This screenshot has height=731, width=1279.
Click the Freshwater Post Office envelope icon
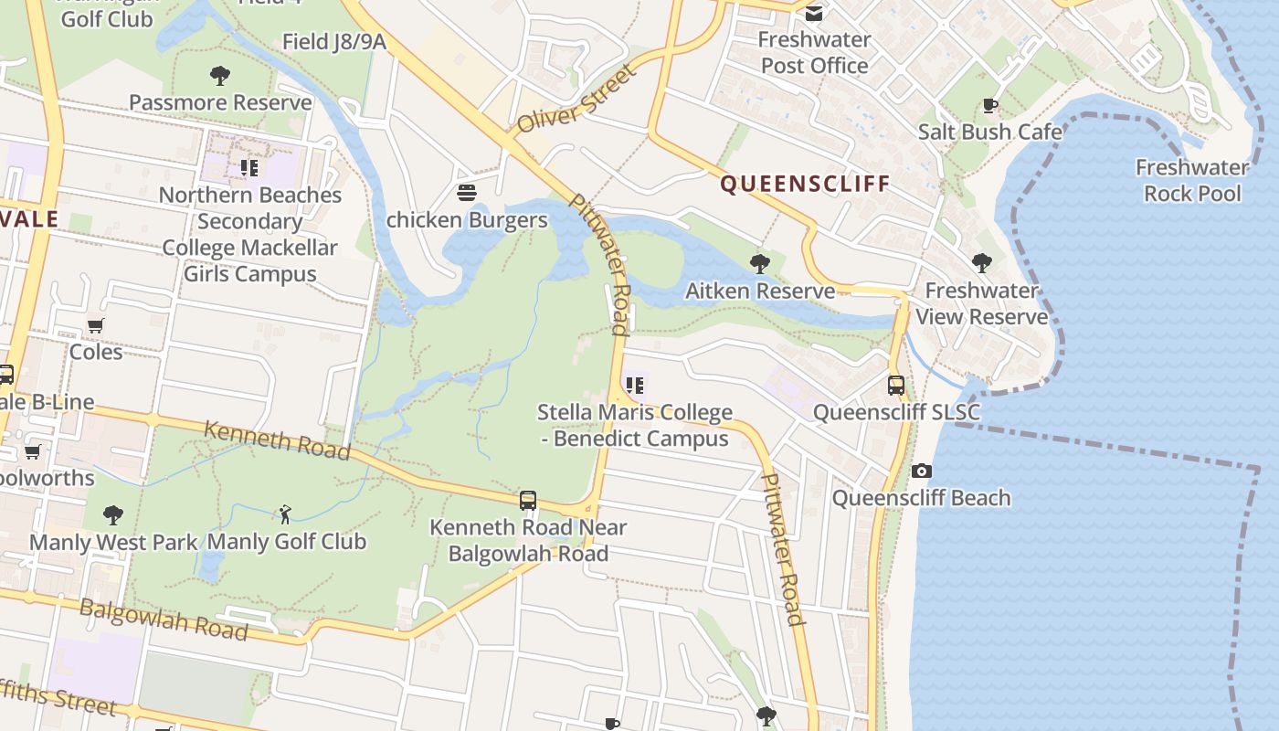click(x=814, y=14)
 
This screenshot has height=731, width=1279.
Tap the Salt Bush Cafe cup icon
click(x=989, y=106)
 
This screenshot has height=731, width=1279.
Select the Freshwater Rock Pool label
click(x=1192, y=180)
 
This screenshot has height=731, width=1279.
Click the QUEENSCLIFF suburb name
click(x=805, y=184)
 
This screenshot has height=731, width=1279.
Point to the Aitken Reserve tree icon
click(x=759, y=265)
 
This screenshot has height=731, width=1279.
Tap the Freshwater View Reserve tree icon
click(x=982, y=264)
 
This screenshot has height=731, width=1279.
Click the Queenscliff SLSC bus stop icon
click(x=896, y=386)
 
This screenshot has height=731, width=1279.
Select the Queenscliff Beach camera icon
click(x=921, y=471)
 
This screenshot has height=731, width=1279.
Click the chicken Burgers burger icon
click(x=467, y=193)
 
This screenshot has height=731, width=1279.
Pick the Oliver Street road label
click(x=575, y=101)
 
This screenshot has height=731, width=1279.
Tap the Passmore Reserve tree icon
click(x=220, y=76)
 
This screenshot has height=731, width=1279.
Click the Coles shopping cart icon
click(x=96, y=326)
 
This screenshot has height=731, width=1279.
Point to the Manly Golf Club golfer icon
click(x=285, y=514)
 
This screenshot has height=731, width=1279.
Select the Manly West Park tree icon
click(x=113, y=515)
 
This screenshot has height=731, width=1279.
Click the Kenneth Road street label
click(x=277, y=440)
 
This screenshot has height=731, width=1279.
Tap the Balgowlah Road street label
click(x=164, y=619)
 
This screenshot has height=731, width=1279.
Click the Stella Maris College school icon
click(x=634, y=386)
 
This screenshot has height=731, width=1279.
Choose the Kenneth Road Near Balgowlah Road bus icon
click(x=528, y=501)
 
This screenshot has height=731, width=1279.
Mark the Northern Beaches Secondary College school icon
click(x=249, y=168)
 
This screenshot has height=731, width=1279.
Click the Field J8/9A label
click(x=333, y=42)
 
